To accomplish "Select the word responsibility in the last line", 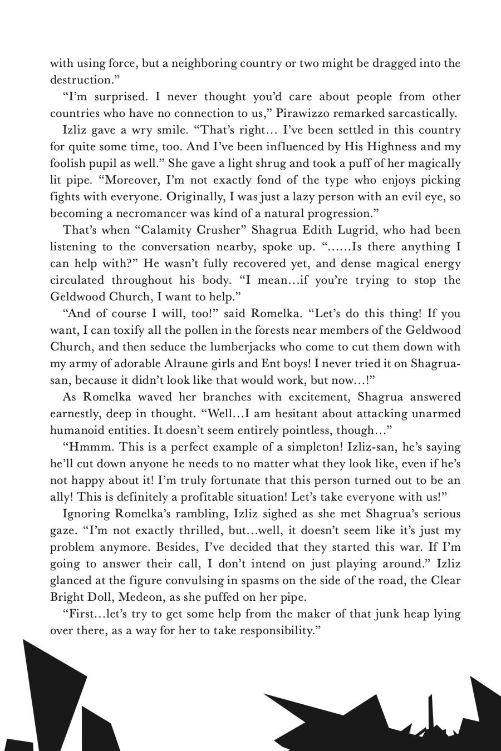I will click(278, 631).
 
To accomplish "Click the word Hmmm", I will click(88, 447).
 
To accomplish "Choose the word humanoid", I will click(77, 431).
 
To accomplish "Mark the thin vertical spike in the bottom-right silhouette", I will click(430, 712).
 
